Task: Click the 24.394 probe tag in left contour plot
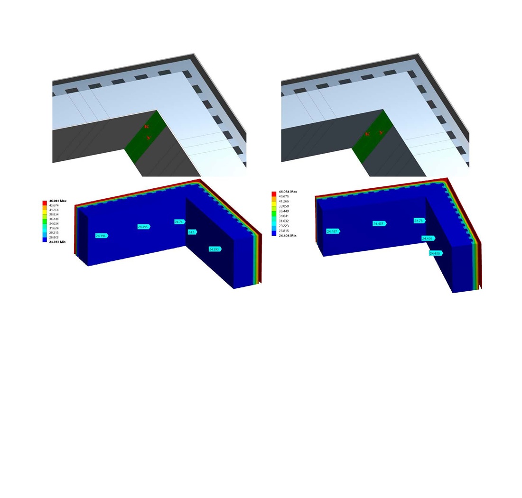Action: (101, 236)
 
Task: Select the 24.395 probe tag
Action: (143, 227)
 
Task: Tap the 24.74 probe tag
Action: (179, 221)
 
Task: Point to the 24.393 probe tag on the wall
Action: (214, 249)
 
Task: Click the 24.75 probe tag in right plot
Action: (419, 221)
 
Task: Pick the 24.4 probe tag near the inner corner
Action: (192, 232)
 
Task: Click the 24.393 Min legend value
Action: (57, 242)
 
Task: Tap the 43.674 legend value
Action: (56, 205)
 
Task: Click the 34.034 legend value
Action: (56, 223)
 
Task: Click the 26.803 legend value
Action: (56, 237)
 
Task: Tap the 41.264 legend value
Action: (56, 210)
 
